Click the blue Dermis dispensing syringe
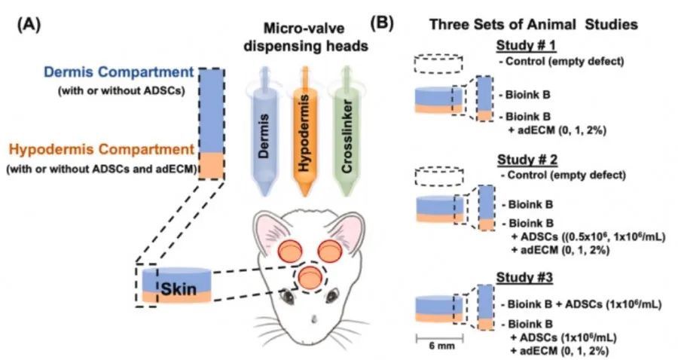[264, 132]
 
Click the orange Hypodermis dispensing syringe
[305, 132]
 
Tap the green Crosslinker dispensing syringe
[347, 132]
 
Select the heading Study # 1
[526, 45]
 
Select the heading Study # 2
[527, 160]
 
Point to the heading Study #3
[524, 277]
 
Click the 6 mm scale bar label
[439, 346]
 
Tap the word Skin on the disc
[179, 289]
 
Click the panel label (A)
[29, 26]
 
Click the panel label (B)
[382, 24]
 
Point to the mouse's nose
[314, 319]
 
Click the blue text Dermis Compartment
[119, 72]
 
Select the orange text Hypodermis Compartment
[102, 150]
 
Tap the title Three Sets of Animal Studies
[533, 24]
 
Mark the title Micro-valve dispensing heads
[306, 37]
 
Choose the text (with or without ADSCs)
[121, 92]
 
